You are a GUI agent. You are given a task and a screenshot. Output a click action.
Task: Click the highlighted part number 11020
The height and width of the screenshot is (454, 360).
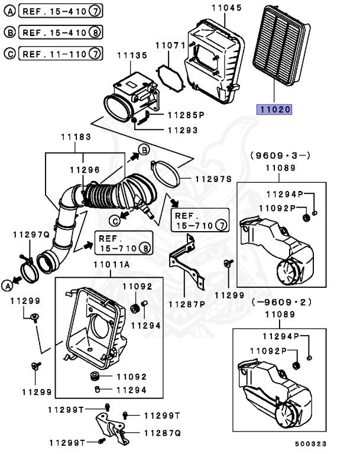click(x=274, y=109)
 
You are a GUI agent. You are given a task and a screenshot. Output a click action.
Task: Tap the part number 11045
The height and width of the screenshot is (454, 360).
click(x=226, y=8)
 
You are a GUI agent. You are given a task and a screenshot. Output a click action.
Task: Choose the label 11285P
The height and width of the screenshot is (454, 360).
click(x=184, y=115)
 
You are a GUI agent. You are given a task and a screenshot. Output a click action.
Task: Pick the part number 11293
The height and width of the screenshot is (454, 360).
click(x=182, y=130)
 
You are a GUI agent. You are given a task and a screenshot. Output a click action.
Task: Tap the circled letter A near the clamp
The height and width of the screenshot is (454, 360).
click(x=8, y=286)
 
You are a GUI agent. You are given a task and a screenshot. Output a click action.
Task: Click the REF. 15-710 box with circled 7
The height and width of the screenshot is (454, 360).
click(x=199, y=219)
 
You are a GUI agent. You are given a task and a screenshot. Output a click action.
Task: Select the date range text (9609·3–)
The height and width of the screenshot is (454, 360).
click(x=280, y=155)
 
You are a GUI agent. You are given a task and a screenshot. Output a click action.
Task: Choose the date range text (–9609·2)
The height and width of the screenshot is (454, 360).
click(x=281, y=302)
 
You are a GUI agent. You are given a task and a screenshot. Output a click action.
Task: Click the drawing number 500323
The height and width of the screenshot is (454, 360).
click(x=311, y=443)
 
